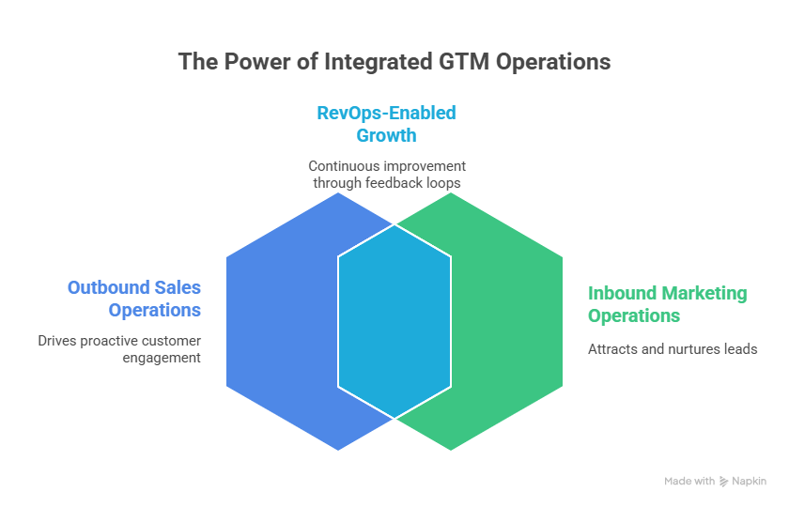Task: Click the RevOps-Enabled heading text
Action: [385, 113]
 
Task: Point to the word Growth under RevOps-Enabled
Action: [385, 134]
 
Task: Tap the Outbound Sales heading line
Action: [134, 287]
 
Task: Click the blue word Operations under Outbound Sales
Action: [154, 310]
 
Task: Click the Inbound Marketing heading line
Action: [667, 293]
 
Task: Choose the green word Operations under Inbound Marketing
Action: [634, 315]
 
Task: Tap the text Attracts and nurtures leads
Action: [673, 349]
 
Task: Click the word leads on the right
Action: [740, 349]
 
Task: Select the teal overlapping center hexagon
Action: [394, 319]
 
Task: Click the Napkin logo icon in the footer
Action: [723, 481]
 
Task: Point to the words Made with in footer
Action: [689, 481]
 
